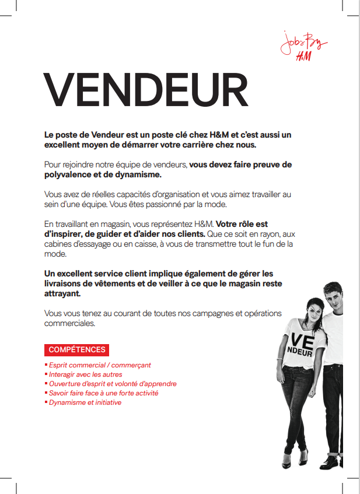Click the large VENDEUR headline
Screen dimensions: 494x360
pos(146,90)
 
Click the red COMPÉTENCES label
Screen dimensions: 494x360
pos(77,350)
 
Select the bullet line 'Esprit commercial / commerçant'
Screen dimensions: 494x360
pos(100,365)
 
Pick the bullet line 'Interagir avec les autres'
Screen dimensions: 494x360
pos(85,374)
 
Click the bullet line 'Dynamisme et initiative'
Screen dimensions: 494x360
pos(85,402)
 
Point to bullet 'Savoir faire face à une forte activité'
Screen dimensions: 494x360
pos(103,393)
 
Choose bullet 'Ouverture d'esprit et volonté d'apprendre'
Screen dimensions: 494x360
pos(113,384)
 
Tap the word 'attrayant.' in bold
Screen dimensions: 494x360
pos(62,295)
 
